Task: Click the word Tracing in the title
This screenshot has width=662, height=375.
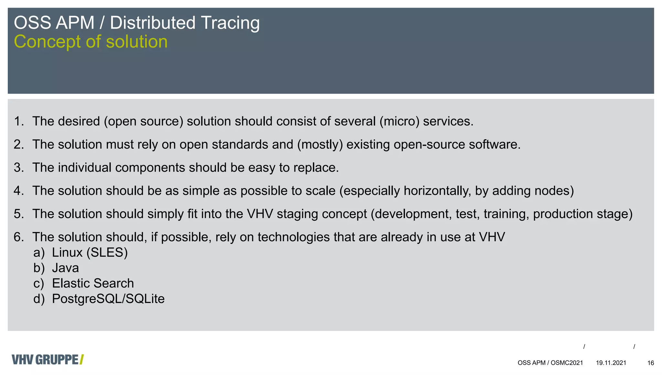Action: (230, 23)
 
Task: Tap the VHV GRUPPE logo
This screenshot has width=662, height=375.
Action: (48, 359)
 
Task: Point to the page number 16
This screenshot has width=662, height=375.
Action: (651, 363)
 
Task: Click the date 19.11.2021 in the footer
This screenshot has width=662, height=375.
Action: (611, 363)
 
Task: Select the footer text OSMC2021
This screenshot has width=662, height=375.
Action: (567, 363)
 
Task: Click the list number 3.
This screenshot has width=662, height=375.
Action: (18, 168)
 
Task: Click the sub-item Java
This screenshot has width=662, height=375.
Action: (65, 268)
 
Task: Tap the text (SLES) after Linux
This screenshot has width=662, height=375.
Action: (107, 252)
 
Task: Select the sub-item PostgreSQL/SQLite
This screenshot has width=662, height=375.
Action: (108, 299)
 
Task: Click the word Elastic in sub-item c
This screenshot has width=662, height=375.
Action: (71, 284)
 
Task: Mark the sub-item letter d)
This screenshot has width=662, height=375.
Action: (39, 299)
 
